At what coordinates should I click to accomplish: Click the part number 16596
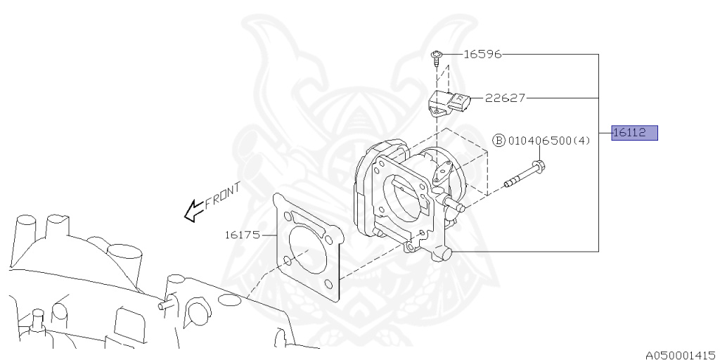(482, 54)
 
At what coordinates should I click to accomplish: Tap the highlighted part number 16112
(634, 133)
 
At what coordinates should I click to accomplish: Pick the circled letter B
(499, 141)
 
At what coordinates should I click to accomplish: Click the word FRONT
(224, 195)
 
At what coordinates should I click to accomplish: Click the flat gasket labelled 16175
(309, 250)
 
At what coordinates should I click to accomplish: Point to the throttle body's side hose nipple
(456, 207)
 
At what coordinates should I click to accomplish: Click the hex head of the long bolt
(539, 167)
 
